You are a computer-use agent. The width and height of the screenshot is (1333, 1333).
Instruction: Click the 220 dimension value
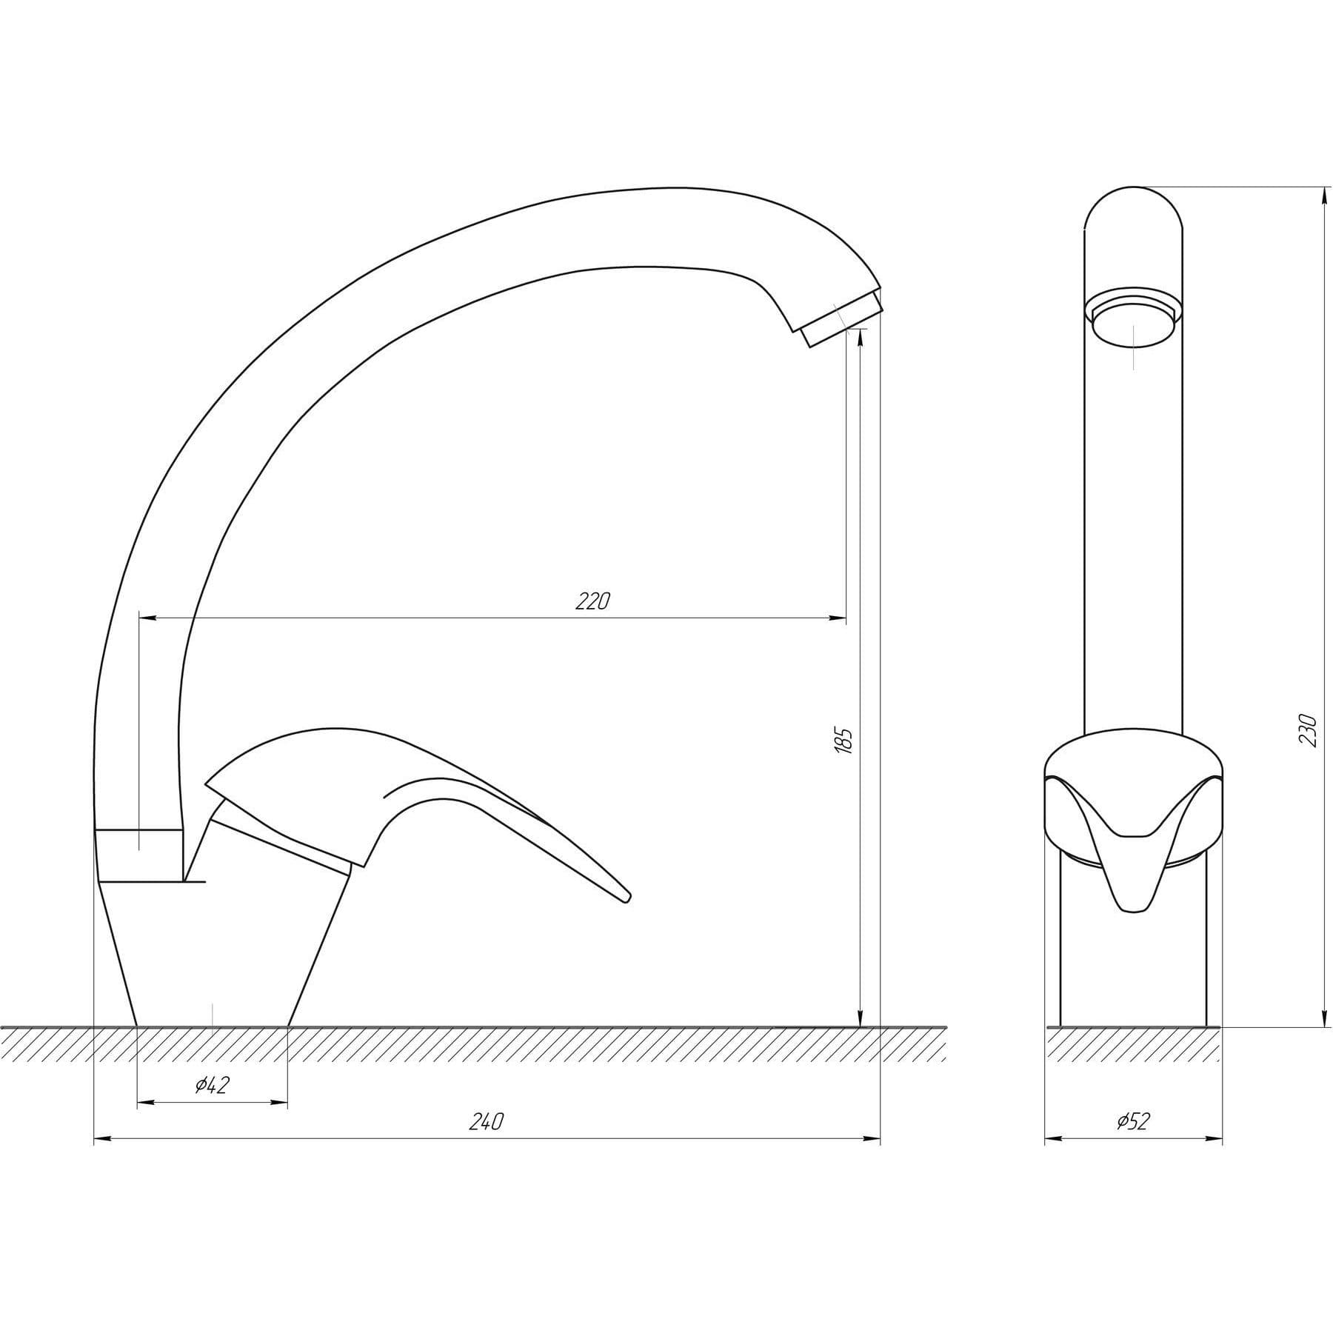pyautogui.click(x=592, y=601)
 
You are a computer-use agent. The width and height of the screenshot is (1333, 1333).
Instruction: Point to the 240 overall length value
pyautogui.click(x=487, y=1122)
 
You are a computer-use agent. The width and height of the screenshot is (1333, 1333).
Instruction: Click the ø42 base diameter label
pyautogui.click(x=213, y=1086)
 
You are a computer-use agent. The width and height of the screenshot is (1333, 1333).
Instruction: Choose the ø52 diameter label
pyautogui.click(x=1132, y=1122)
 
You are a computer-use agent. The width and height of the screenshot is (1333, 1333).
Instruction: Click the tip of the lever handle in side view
pyautogui.click(x=628, y=898)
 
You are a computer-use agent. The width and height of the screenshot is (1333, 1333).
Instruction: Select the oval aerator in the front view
pyautogui.click(x=1134, y=323)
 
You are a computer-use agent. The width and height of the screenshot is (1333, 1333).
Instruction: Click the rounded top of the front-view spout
pyautogui.click(x=1133, y=204)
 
